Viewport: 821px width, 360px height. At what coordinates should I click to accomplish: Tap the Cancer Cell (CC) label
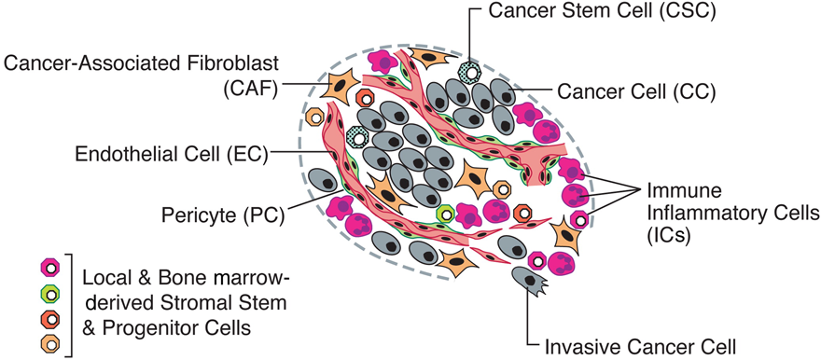(636, 91)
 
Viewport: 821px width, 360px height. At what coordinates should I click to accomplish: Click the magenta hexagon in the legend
(49, 270)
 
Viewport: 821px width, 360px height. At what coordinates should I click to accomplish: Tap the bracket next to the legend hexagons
(71, 306)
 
